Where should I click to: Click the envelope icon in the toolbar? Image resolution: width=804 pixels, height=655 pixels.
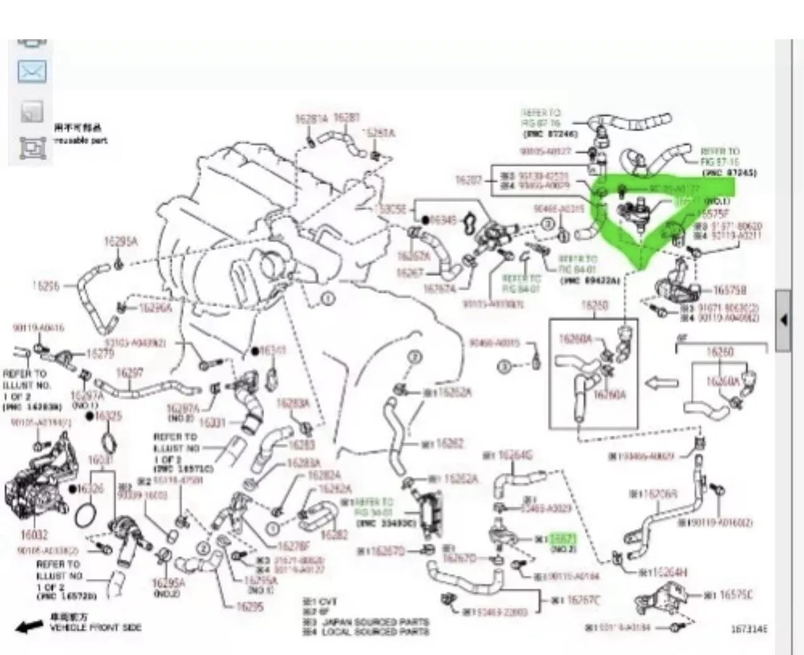pos(31,73)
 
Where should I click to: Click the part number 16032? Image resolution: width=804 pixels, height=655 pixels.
pos(30,534)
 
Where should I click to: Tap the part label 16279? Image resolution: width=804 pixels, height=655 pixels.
pos(99,353)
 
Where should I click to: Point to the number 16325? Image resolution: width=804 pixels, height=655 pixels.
pos(108,416)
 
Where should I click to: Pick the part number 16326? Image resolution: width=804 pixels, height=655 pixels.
pos(91,488)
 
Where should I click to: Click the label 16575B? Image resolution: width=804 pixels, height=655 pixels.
pos(730,290)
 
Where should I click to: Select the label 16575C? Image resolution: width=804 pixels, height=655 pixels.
pos(736,595)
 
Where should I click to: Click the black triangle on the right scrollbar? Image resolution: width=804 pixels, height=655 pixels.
pos(783,320)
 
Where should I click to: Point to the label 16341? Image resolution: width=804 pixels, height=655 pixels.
pos(272,351)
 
